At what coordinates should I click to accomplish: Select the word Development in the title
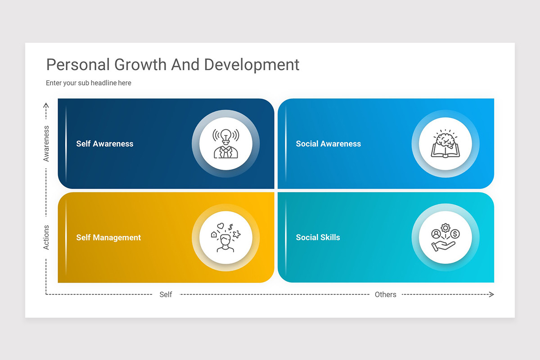[x=252, y=65]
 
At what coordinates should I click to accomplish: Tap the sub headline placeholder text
[x=89, y=83]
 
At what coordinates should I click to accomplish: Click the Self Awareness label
[x=105, y=144]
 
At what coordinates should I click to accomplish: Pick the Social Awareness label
[x=328, y=144]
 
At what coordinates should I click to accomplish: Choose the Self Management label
[x=108, y=238]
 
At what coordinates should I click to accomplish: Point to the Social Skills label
[x=318, y=238]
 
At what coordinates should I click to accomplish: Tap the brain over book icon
[x=445, y=144]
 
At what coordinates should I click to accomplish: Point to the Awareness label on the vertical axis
[x=46, y=144]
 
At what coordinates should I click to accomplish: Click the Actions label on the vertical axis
[x=46, y=237]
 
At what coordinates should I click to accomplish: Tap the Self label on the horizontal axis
[x=166, y=294]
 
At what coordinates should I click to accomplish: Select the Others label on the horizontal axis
[x=386, y=294]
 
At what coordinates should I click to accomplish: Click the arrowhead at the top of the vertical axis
[x=46, y=105]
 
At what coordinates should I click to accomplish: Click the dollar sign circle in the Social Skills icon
[x=455, y=234]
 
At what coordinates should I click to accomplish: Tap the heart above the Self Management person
[x=220, y=226]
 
